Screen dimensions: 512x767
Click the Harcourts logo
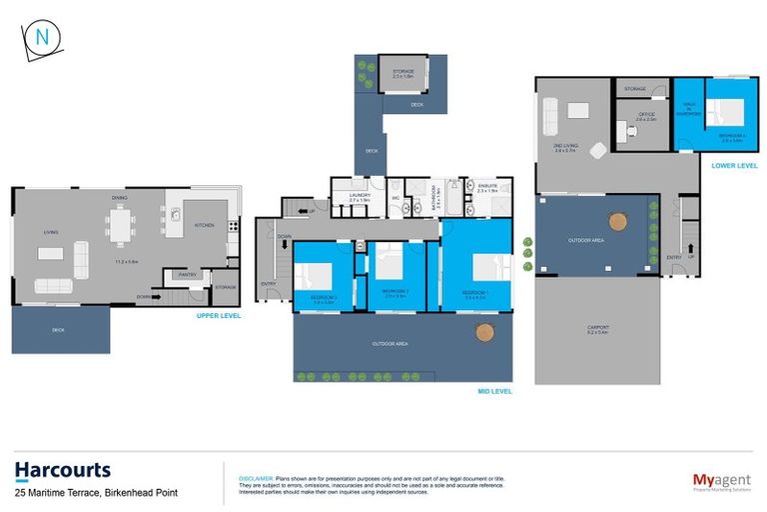[62, 470]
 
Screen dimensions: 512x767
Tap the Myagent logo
[722, 480]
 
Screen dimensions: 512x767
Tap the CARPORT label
[597, 328]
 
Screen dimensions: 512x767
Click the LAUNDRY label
[361, 194]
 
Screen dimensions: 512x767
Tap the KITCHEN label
[204, 226]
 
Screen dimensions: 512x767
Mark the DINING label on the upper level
[119, 197]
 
